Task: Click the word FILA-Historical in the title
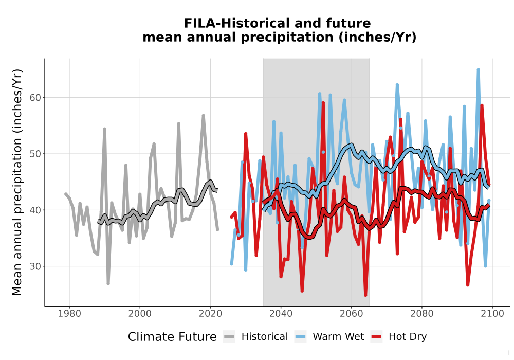(x=237, y=23)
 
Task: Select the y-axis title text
(x=17, y=182)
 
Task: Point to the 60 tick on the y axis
(x=36, y=98)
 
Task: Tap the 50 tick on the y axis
(x=36, y=154)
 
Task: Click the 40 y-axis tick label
(x=36, y=210)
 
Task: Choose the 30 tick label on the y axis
(x=36, y=266)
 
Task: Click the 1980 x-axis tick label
(x=69, y=314)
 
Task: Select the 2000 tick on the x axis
(x=140, y=314)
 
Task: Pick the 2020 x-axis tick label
(x=210, y=314)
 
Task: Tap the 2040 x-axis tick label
(x=281, y=314)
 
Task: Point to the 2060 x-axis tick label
(x=352, y=314)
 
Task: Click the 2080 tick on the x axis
(x=422, y=314)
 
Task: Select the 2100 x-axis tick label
(x=492, y=314)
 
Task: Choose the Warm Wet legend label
(x=338, y=337)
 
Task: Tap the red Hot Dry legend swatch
(x=377, y=337)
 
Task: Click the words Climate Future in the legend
(x=172, y=337)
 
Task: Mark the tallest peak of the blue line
(x=478, y=69)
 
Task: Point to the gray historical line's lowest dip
(x=108, y=283)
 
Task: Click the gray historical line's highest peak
(x=203, y=115)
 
